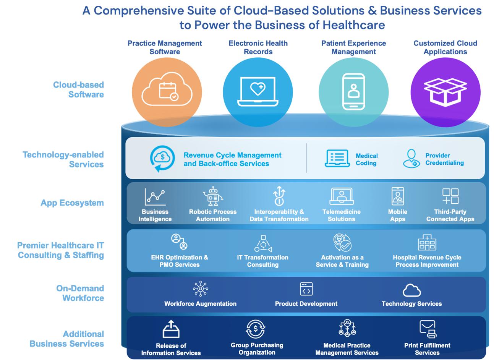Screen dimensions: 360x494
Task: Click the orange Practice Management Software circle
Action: tap(167, 92)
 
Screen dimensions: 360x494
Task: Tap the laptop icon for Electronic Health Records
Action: tap(258, 92)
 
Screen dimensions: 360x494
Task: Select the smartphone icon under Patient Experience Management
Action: tap(353, 92)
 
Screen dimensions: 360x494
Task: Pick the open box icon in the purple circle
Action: tap(445, 92)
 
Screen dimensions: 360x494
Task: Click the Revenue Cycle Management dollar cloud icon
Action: tap(162, 158)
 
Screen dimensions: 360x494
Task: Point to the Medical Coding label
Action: tap(366, 159)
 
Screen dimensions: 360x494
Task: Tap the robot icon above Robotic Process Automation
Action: tap(212, 196)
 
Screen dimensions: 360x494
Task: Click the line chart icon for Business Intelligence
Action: tap(155, 197)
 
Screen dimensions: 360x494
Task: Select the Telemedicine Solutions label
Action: tap(341, 215)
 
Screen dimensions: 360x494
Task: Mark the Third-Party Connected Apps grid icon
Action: tap(450, 196)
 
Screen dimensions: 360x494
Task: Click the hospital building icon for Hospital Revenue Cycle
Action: tap(427, 242)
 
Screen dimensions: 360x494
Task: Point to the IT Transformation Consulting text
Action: tap(262, 261)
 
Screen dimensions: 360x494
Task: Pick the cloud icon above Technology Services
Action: tap(411, 290)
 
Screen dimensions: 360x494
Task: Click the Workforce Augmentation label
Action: tap(200, 304)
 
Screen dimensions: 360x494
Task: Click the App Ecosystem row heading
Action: tap(72, 203)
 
